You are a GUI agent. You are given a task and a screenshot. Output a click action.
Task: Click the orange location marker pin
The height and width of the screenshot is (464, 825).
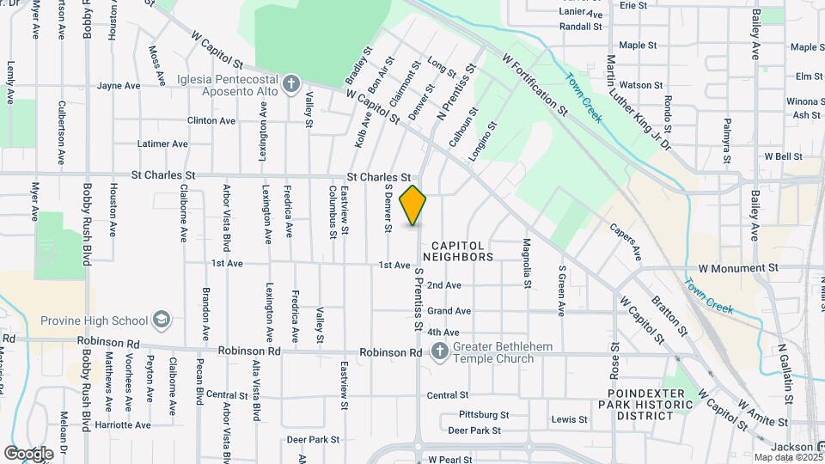click(413, 205)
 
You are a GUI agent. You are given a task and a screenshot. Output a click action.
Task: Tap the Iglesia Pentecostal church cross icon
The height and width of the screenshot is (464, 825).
click(291, 83)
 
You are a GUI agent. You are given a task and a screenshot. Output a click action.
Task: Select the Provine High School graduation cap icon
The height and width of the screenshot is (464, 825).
click(161, 321)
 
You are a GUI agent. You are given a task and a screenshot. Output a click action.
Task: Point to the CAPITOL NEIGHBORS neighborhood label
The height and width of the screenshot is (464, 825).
click(456, 251)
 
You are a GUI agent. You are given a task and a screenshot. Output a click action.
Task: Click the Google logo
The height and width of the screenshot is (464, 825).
click(28, 453)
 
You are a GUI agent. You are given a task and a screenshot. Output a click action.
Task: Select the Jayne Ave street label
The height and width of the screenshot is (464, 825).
click(119, 86)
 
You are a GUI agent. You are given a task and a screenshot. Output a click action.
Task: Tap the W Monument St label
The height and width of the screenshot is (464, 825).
click(737, 268)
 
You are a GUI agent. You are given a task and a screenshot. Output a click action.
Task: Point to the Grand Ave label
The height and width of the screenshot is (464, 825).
click(449, 311)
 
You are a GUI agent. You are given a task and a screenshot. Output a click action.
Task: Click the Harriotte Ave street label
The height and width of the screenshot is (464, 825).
click(124, 424)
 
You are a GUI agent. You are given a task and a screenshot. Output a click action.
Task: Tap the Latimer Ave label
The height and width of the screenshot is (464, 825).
click(162, 143)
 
